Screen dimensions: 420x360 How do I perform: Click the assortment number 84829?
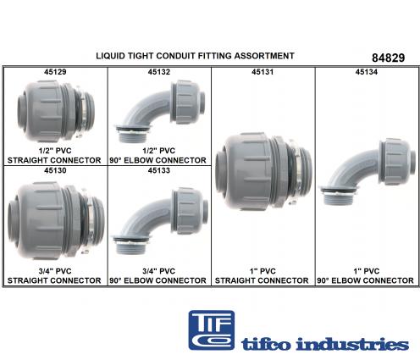[x=388, y=58]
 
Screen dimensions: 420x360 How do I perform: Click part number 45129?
[x=55, y=72]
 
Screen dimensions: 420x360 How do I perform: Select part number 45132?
[x=159, y=72]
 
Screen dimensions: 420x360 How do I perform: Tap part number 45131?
[x=262, y=72]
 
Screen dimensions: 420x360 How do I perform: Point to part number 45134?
[x=367, y=72]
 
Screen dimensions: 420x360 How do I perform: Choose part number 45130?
[x=55, y=170]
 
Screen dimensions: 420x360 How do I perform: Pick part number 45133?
[x=159, y=170]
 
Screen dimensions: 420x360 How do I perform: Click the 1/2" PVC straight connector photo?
[x=56, y=112]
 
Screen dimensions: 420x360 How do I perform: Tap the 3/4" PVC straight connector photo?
[x=56, y=221]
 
